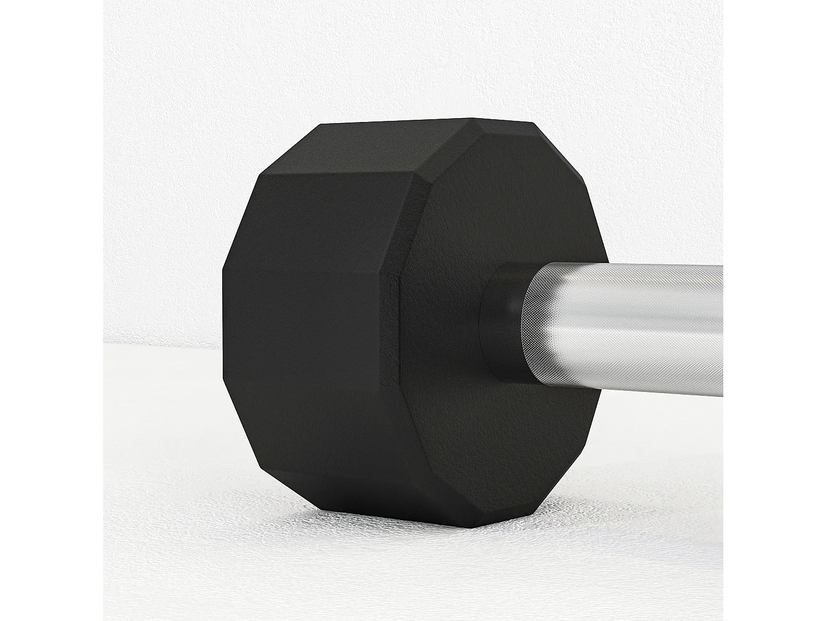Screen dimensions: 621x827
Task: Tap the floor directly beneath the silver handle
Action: click(634, 469)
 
